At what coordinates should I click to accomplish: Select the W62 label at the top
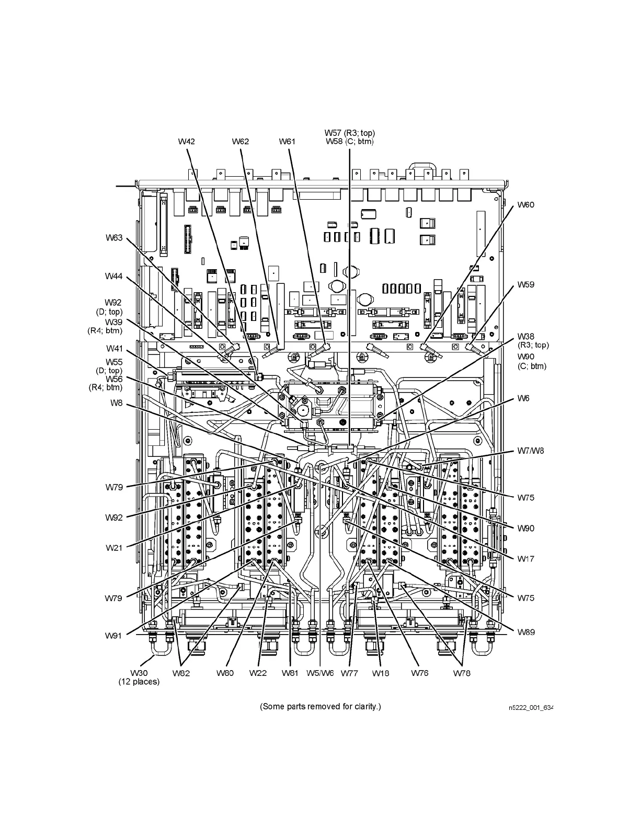tap(241, 141)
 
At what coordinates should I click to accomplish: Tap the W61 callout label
tap(287, 141)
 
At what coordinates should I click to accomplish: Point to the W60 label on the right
tap(526, 205)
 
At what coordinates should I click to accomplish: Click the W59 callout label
tap(526, 285)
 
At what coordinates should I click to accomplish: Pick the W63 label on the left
tap(113, 238)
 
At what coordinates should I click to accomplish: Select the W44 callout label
tap(113, 276)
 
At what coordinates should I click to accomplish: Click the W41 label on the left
tap(115, 348)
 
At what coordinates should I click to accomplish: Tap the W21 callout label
tap(113, 548)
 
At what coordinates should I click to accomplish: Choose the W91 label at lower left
tap(113, 636)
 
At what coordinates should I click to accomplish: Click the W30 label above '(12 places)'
tap(139, 673)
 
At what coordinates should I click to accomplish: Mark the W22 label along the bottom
tap(258, 673)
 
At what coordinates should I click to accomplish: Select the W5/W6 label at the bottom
tap(320, 673)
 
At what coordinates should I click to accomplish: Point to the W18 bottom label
tap(381, 673)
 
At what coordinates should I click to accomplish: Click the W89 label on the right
tap(526, 632)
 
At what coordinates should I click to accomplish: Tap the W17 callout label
tap(526, 559)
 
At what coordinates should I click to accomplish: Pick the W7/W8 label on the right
tap(530, 451)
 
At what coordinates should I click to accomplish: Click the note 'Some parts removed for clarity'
tap(321, 707)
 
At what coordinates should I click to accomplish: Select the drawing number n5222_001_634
tap(530, 708)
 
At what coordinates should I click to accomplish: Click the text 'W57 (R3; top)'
tap(349, 133)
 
